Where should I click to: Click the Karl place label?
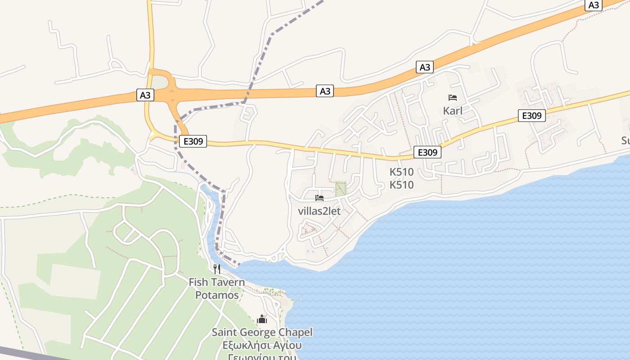[453, 111]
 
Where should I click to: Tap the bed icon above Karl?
[453, 98]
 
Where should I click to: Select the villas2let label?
[319, 211]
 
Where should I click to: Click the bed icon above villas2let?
[319, 198]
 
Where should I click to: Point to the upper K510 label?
[401, 172]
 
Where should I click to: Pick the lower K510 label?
[401, 185]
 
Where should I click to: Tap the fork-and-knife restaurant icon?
[217, 269]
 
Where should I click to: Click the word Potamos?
[217, 296]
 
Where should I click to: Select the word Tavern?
[228, 283]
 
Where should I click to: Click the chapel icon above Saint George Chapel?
[262, 319]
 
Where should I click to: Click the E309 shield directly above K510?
[427, 153]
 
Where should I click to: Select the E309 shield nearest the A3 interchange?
[193, 142]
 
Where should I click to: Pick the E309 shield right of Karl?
[531, 116]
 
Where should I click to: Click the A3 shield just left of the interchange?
[145, 95]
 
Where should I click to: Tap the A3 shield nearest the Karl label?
[425, 67]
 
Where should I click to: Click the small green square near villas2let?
[341, 189]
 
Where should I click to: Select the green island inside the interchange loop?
[158, 82]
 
